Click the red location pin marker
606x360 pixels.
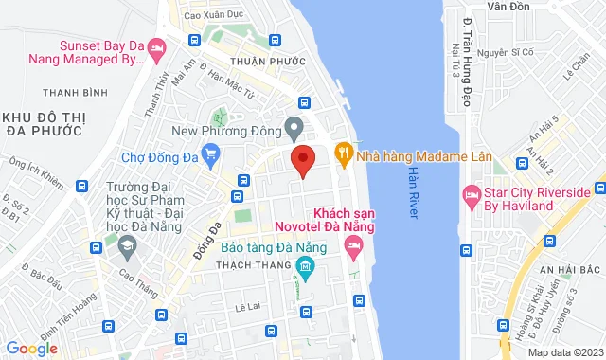302,160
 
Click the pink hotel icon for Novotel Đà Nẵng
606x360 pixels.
353,249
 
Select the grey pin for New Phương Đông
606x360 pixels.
294,127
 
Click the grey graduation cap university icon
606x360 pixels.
126,247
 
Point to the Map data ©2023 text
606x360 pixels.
564,352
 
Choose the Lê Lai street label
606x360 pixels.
249,305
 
